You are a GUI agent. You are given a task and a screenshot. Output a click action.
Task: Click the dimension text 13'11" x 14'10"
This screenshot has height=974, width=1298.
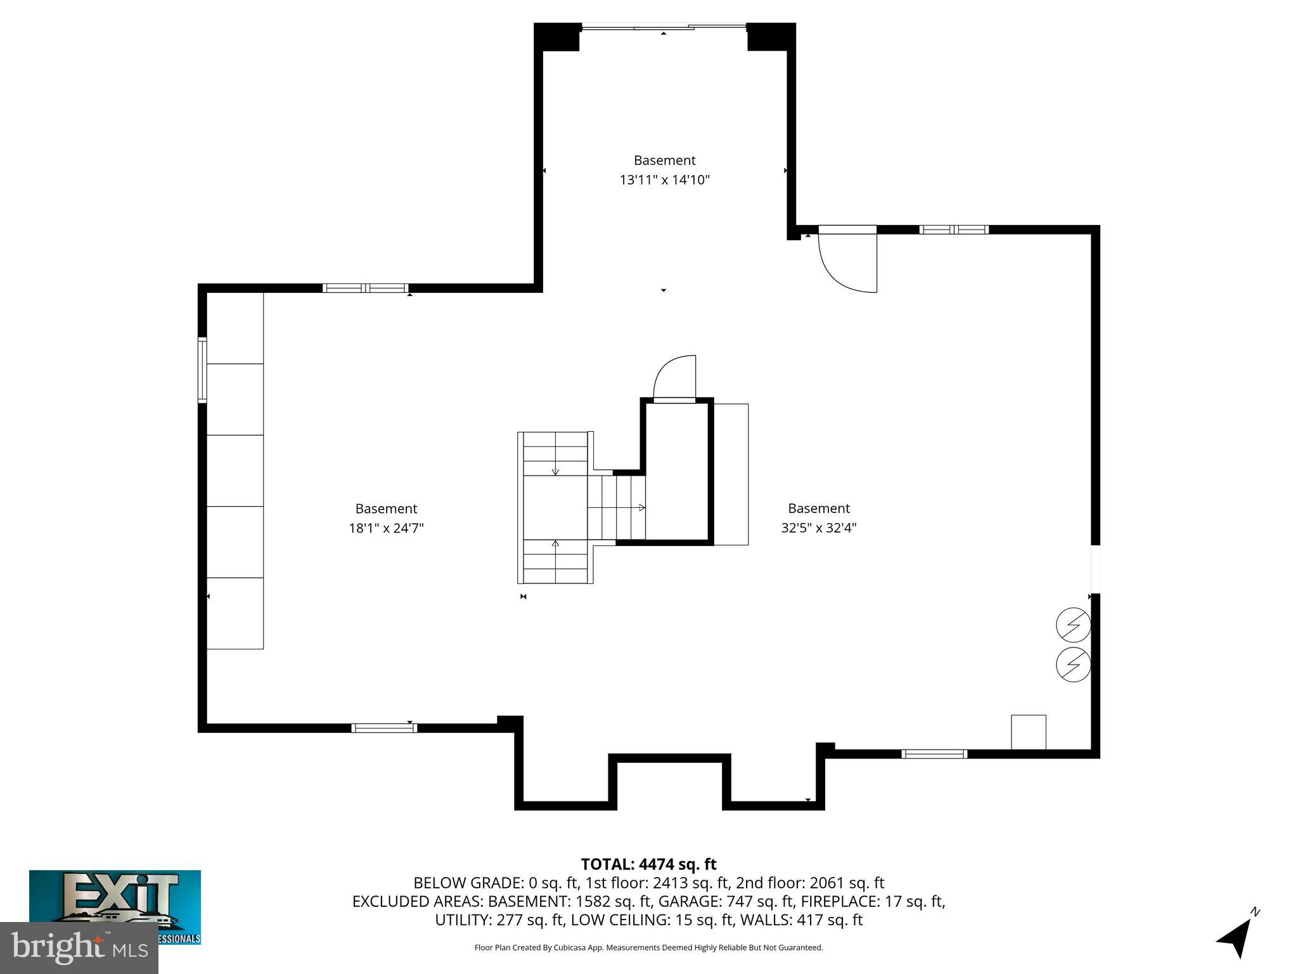[664, 180]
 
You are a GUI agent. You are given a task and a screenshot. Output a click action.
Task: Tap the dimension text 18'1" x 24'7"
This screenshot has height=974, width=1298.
[386, 528]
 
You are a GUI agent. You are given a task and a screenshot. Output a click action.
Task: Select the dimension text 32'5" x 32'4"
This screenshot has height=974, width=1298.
[818, 528]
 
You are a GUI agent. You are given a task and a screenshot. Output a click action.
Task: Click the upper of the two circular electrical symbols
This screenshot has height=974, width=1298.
[1073, 625]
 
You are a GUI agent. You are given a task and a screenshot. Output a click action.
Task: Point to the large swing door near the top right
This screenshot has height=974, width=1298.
[847, 260]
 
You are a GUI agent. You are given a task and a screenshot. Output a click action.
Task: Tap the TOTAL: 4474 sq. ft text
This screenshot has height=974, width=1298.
[648, 864]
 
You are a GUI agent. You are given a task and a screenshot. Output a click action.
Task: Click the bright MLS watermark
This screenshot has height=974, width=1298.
[79, 947]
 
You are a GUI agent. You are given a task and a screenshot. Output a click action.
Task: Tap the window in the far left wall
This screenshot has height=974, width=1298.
[203, 370]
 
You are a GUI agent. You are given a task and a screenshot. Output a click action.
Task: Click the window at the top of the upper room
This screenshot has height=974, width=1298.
[664, 27]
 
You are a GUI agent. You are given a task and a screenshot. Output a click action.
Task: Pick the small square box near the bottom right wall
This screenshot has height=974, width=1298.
[1028, 732]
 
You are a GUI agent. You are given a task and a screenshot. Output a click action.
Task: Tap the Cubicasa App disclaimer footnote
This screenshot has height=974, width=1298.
[648, 947]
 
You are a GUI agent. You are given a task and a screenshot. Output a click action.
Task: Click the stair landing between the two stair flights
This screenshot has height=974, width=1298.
[555, 507]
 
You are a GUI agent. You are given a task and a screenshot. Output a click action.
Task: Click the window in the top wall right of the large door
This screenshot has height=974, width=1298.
[954, 230]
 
